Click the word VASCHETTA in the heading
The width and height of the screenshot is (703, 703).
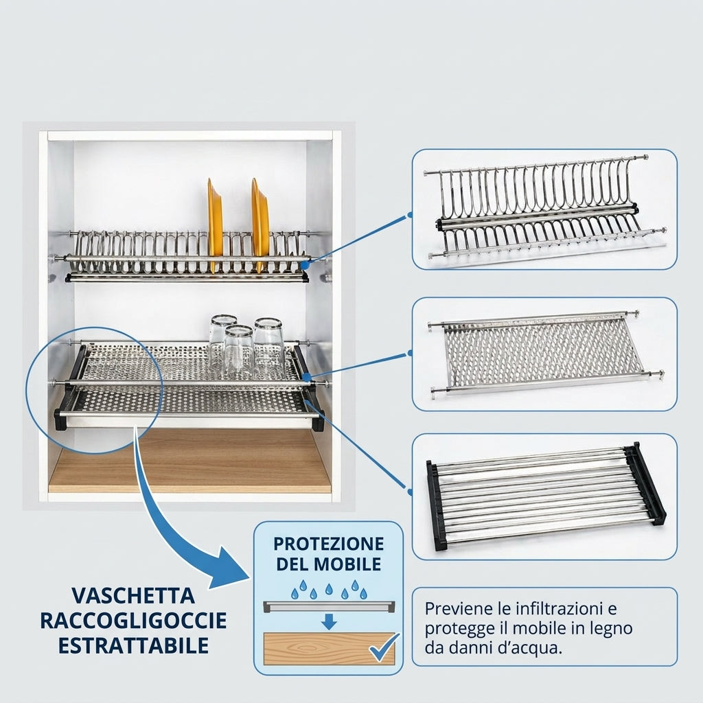coord(133,596)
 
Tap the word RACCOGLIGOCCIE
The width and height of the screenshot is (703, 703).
coord(133,621)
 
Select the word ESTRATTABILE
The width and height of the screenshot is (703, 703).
coord(133,646)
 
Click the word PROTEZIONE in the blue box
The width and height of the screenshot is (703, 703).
coord(329,544)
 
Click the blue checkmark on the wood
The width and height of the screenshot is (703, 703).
coord(384,647)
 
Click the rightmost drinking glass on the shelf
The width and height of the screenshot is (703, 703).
coord(269,345)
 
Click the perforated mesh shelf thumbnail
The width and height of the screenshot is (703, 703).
coord(544,354)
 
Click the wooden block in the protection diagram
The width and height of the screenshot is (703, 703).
coord(329,649)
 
